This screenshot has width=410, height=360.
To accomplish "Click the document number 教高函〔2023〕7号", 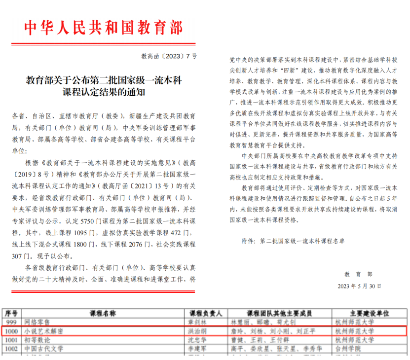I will click(x=169, y=56).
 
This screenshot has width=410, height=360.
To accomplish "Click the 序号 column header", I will click(x=11, y=314).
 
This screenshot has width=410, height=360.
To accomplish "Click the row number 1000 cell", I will click(x=11, y=330).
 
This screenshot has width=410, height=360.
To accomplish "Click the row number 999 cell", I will click(x=11, y=322).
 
